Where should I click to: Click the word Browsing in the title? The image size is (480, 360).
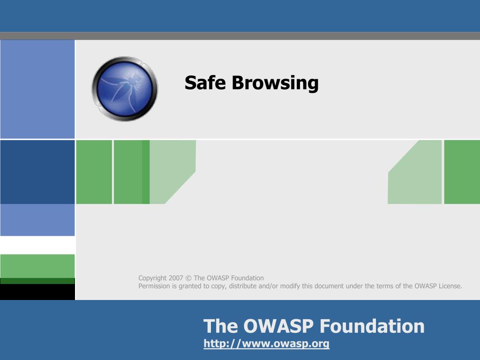coord(275,83)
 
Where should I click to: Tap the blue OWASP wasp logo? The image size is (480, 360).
coord(125,89)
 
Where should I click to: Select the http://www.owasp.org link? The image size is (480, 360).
coord(266,344)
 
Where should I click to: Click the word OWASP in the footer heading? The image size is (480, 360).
coord(278,326)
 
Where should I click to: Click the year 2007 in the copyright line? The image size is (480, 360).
coord(176,278)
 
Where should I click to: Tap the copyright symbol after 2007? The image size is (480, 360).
coord(188,278)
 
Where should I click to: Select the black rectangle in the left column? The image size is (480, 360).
coord(37,292)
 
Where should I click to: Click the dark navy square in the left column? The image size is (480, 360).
coord(37,172)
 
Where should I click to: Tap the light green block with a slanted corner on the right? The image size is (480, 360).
coord(414,172)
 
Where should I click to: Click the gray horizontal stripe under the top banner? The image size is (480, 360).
coord(240,36)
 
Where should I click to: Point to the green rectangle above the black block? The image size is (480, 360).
coord(37,266)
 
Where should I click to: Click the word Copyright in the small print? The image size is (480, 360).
coord(152,278)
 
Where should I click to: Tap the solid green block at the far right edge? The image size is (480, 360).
coord(462,172)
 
